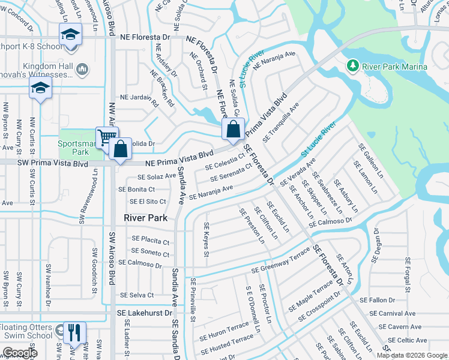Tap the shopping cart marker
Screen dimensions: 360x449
pos(106,137)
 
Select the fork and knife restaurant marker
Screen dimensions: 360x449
pos(74,332)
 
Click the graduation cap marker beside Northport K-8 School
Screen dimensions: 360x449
pos(70,34)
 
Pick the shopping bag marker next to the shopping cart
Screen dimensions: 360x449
pos(121,149)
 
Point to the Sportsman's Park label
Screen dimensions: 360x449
pos(73,148)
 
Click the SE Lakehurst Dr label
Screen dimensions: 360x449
pos(144,313)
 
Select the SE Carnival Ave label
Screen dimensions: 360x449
pos(393,313)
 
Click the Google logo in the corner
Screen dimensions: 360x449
pos(19,353)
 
